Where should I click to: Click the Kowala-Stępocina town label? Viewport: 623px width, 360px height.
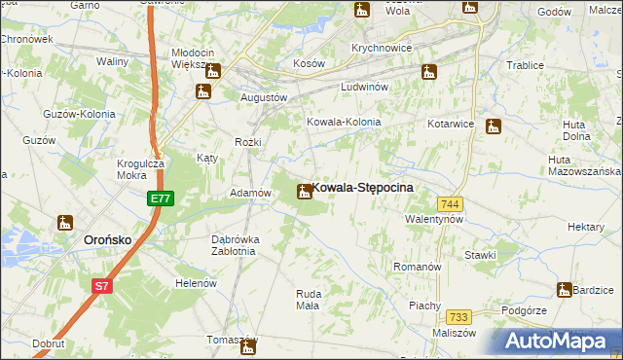pos(363,187)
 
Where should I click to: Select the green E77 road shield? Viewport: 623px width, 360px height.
pos(161,198)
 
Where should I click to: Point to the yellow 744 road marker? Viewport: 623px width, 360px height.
pos(449,203)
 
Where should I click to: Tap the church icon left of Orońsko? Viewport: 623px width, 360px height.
pos(65,223)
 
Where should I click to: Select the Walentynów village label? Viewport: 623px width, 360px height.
pos(433,220)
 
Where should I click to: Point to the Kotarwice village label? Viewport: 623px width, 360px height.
pos(451,124)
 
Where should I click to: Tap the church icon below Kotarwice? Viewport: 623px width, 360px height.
pos(494,126)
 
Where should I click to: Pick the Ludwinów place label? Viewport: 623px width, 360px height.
pos(365,87)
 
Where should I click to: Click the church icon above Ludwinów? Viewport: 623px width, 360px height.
pos(428,71)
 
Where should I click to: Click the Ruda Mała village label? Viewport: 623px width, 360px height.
pos(308,299)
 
